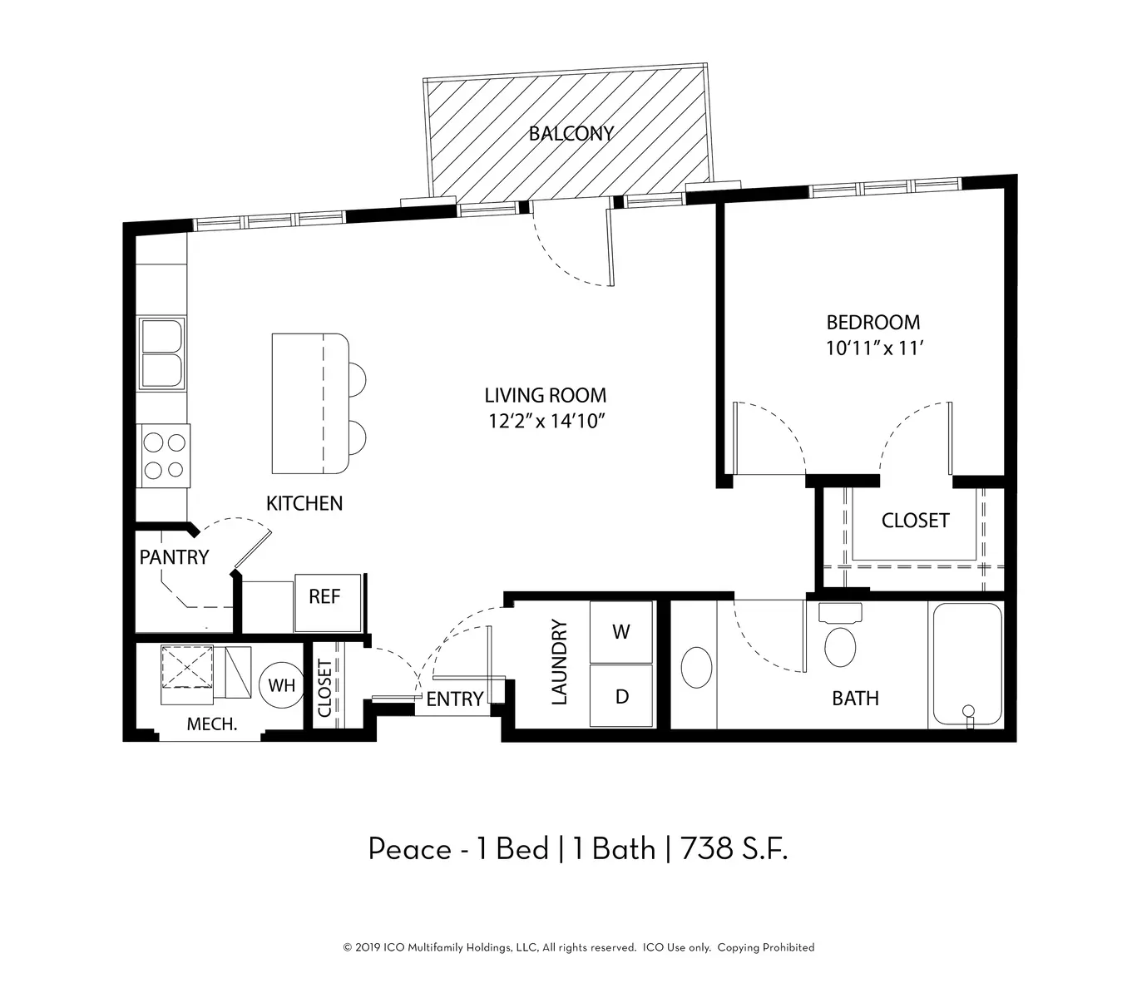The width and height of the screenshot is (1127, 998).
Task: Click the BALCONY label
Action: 571,134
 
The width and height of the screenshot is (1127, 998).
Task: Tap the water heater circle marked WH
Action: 281,684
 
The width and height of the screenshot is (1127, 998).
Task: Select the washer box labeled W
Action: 620,631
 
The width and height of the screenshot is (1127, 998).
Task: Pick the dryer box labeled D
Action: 620,695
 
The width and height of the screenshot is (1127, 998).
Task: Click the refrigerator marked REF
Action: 327,602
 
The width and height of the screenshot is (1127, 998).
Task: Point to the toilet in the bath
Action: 840,635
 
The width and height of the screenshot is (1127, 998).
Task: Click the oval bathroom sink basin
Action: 696,668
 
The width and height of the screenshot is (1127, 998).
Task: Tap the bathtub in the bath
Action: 967,665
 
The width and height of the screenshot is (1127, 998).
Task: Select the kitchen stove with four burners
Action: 164,456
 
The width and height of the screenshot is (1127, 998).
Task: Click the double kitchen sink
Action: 161,353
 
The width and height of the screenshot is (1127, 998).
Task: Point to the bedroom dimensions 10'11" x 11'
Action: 874,348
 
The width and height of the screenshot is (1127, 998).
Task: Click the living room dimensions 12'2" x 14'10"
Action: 546,421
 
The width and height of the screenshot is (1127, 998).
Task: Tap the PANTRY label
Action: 174,557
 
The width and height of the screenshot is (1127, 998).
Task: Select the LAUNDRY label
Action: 558,662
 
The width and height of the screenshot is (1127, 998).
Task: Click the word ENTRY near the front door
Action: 454,699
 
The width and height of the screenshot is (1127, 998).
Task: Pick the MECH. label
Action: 211,724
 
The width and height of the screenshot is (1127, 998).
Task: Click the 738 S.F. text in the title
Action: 734,849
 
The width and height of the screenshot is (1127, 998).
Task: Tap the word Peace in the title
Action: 409,849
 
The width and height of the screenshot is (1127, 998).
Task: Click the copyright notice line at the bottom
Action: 579,947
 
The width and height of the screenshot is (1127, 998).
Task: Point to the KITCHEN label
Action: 304,503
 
